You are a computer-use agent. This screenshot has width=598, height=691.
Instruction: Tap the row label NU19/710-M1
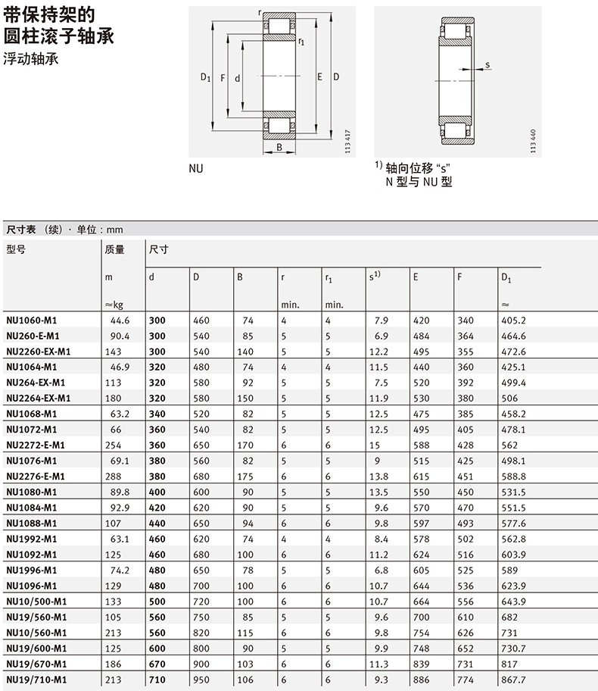tap(36, 679)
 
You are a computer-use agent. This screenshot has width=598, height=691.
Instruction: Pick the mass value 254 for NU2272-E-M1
tap(114, 444)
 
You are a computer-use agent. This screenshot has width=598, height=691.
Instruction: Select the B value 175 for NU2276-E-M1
tap(245, 476)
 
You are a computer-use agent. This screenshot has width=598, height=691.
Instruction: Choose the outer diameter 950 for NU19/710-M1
tap(201, 679)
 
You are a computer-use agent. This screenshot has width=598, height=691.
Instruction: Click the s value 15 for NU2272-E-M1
tap(375, 444)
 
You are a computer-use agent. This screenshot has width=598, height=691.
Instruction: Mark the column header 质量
tap(114, 249)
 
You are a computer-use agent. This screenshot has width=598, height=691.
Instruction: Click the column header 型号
tap(16, 249)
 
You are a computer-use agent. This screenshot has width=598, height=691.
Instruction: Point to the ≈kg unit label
tap(114, 305)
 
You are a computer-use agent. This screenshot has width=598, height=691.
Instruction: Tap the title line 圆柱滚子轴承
tap(59, 36)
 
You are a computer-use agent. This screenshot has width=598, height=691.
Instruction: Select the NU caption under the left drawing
tap(196, 169)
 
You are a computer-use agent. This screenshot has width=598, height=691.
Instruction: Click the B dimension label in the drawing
tap(279, 148)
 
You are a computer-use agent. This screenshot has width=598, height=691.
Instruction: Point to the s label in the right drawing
tap(487, 65)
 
